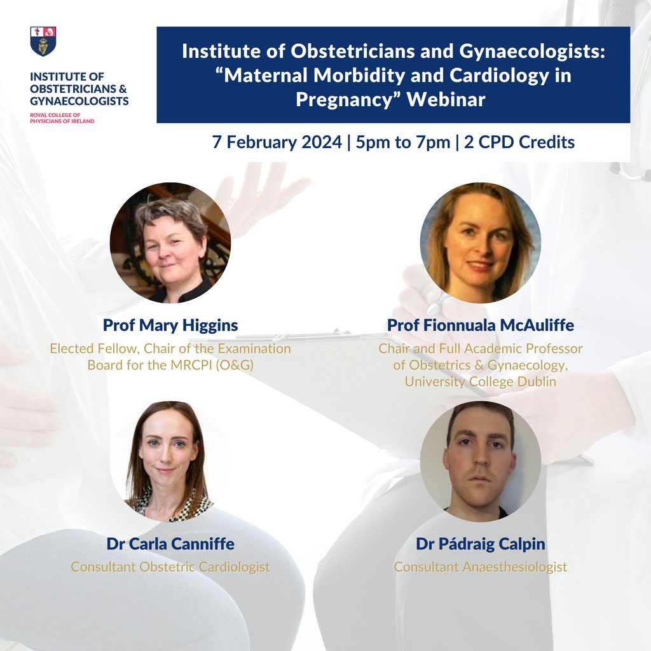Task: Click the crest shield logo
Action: (43, 41)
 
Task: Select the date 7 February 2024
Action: (277, 142)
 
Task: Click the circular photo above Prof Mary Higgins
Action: (170, 242)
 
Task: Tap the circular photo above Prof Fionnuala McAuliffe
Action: (480, 242)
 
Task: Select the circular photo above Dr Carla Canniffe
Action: (170, 460)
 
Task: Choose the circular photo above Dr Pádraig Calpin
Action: (480, 460)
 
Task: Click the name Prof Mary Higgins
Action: (170, 325)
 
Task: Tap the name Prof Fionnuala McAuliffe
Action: (480, 325)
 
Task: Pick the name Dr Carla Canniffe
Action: (170, 544)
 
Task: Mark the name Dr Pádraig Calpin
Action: (480, 544)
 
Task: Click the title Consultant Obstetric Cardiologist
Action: (170, 566)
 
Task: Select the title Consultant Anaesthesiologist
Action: (480, 566)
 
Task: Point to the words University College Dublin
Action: (480, 381)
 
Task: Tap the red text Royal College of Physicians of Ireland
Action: (62, 118)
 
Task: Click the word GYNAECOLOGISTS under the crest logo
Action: (79, 101)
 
